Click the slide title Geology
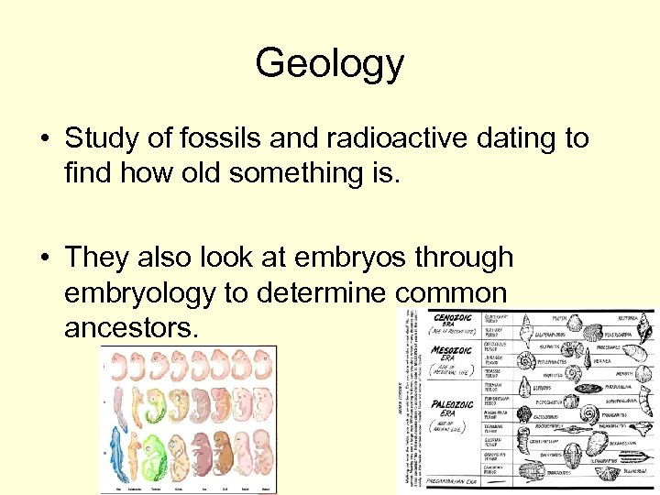(329, 63)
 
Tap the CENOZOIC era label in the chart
(454, 319)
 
